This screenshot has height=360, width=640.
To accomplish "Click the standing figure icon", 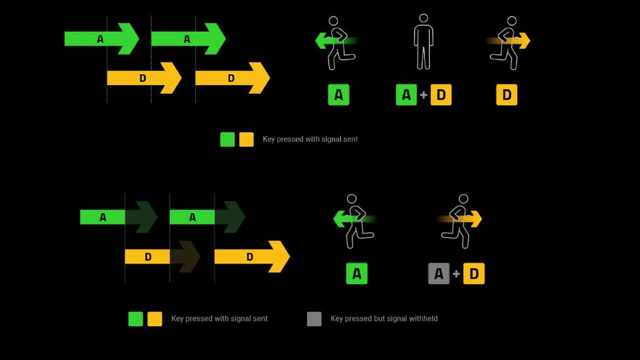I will pos(423,43).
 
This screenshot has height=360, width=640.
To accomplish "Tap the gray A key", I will pos(439,274).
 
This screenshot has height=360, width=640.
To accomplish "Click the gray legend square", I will pos(314,319).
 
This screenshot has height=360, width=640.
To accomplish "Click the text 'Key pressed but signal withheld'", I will pos(384,318).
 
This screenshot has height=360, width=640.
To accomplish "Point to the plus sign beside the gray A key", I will pos(456,274).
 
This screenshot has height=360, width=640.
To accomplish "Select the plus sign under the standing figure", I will pos(424,96).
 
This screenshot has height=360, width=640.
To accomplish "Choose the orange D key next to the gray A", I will pos(474,274).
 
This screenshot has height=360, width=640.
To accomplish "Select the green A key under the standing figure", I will pos(406,96).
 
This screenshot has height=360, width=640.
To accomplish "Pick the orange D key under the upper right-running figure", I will pos(506,96).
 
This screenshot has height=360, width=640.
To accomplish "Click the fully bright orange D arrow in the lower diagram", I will pos(251,257).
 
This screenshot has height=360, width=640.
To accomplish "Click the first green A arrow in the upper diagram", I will pos(102,39).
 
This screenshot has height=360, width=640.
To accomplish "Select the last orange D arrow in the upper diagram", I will pos(232,78).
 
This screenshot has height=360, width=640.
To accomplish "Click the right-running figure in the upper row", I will pos(508,42).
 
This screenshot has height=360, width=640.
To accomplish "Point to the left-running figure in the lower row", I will pos(355,220).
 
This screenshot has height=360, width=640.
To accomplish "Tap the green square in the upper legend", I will pos(227,140).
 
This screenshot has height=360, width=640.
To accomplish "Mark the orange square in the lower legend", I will pos(155,319).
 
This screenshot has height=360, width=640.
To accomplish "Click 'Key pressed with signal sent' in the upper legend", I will pos(310,140).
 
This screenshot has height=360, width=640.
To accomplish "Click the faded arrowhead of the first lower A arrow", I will pos(141,217).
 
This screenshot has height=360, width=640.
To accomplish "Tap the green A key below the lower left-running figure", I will pos(356,274).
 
